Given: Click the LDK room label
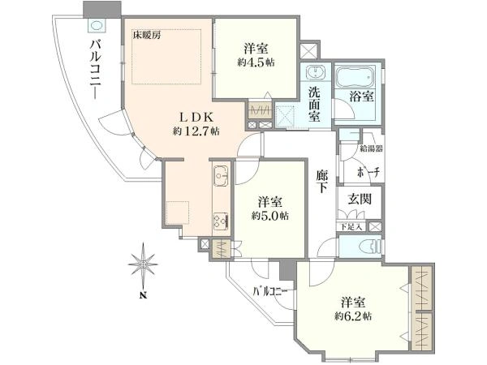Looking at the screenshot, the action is coord(197,118).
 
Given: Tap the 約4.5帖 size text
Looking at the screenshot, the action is coord(256,62).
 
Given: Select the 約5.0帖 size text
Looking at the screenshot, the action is coord(270,216).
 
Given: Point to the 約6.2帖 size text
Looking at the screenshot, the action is coord(353,316).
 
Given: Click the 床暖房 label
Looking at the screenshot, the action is coord(147,35).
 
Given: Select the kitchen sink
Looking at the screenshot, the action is coord(221,176).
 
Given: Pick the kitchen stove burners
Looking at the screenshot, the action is coord(221,221).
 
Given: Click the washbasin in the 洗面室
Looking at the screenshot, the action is coord(315,73).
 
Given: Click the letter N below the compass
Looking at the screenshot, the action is coord(143,295).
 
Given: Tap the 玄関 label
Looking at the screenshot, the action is coord(360,199).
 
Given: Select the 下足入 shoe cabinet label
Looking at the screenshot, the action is coord(351,226).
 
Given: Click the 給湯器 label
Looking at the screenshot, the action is coord(371,148).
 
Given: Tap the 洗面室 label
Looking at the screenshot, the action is coord(314,103).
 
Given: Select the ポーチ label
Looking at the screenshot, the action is coord(368,172).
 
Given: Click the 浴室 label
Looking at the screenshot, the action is coord(361,97).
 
